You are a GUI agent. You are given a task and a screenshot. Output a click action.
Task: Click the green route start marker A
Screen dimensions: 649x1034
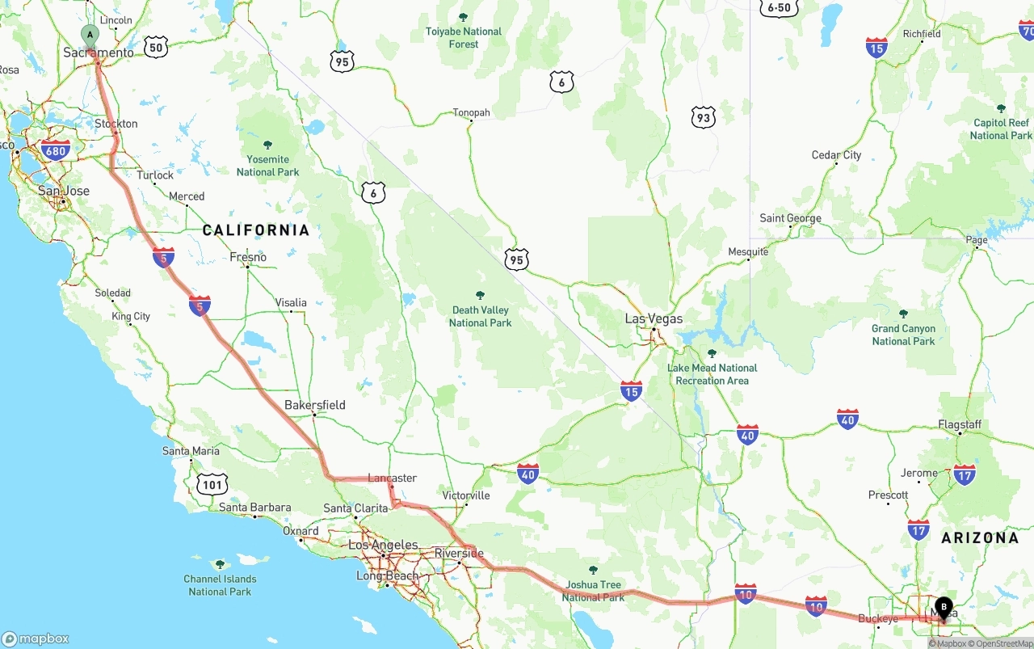click(x=90, y=35)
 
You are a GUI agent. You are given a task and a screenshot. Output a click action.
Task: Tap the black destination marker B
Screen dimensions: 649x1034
click(x=943, y=607)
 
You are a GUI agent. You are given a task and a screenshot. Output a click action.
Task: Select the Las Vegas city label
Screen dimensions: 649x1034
click(x=654, y=318)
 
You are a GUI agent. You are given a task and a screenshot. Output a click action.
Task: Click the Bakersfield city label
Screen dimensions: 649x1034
click(x=314, y=405)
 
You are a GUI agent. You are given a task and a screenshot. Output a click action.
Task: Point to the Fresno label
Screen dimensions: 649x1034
click(x=248, y=257)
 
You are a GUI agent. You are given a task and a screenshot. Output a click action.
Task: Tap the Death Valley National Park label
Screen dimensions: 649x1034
click(x=481, y=316)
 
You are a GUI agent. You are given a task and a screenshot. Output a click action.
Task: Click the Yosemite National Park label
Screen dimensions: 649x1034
click(x=267, y=165)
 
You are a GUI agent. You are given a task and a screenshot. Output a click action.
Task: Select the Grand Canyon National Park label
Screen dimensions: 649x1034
click(x=903, y=335)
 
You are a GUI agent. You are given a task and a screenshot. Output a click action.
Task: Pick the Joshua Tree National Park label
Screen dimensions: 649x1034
click(x=594, y=590)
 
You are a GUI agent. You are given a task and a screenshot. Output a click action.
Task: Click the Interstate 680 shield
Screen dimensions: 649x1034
click(x=56, y=150)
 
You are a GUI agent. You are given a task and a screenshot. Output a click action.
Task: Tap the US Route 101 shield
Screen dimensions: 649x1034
click(x=212, y=485)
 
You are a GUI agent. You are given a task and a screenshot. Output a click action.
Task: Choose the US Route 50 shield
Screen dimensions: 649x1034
click(x=156, y=47)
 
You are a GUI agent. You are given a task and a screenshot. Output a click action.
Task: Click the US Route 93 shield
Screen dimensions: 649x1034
click(x=704, y=118)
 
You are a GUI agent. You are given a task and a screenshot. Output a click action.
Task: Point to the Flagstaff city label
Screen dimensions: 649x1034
click(x=960, y=424)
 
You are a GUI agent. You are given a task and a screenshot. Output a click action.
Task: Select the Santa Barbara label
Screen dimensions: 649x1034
click(x=254, y=508)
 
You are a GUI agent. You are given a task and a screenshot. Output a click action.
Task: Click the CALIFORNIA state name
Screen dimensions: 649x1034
click(x=256, y=230)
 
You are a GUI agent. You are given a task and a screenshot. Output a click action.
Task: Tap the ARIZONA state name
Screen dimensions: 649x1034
click(x=979, y=537)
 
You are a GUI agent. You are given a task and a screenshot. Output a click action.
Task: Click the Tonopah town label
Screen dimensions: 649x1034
click(x=471, y=112)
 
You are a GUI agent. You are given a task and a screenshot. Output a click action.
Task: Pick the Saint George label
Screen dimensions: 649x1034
click(x=790, y=218)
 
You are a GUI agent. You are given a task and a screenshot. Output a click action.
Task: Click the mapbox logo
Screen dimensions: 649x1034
click(x=36, y=638)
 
